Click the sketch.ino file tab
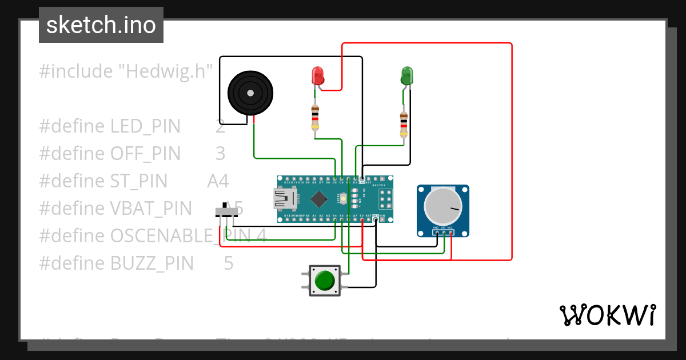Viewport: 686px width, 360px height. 101,25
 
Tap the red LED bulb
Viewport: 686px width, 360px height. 317,76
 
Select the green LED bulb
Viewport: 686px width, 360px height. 406,75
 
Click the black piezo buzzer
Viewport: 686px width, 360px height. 250,93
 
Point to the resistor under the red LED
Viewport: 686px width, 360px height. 314,118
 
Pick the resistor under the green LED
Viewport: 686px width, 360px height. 404,124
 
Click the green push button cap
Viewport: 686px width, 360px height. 325,281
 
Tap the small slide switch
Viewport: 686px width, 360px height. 227,211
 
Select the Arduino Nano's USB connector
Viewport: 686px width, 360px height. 285,199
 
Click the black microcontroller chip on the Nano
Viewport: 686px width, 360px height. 318,199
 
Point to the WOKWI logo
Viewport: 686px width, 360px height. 607,315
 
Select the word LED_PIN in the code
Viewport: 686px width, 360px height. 145,126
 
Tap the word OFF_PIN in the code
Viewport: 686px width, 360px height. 145,154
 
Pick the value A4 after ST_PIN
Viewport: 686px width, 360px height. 218,181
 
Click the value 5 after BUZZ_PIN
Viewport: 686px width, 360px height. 229,263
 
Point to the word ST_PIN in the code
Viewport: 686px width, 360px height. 139,181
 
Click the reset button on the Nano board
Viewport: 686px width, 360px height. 344,198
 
